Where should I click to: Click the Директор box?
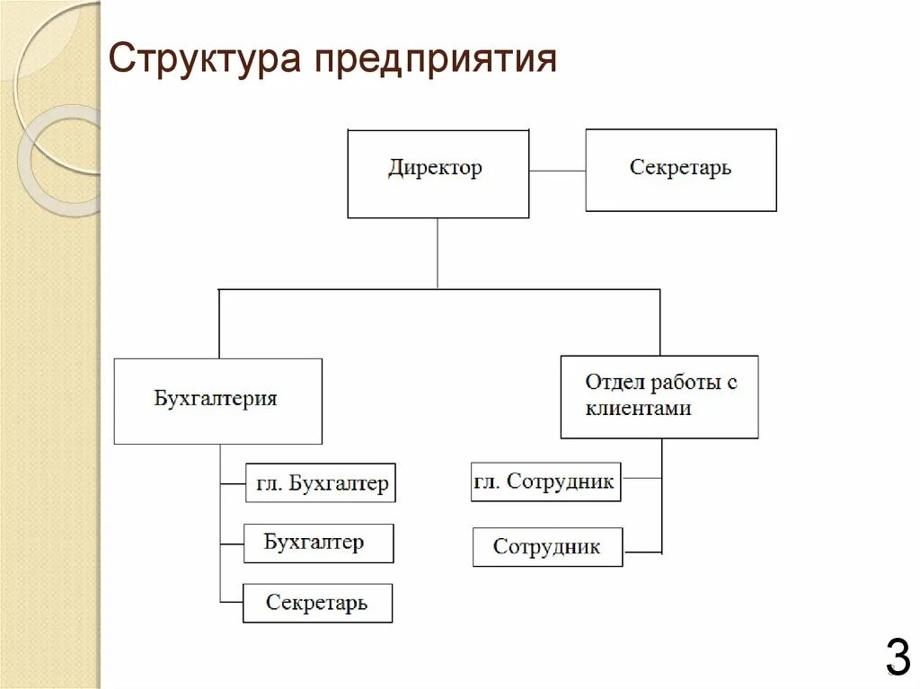(x=438, y=173)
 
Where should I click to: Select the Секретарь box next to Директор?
(x=680, y=170)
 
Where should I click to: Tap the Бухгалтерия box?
(x=217, y=401)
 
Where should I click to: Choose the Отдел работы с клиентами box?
(x=659, y=396)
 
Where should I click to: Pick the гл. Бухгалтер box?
(x=320, y=483)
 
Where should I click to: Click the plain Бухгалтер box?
(x=318, y=543)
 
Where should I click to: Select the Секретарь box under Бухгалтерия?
(x=317, y=603)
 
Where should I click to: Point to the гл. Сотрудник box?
(x=545, y=481)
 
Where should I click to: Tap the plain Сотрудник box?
(x=547, y=547)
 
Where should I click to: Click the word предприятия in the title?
(x=436, y=61)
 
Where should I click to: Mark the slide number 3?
(x=897, y=657)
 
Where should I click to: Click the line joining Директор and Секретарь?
(x=557, y=170)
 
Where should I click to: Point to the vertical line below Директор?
(x=438, y=253)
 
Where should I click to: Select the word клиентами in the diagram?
(x=638, y=409)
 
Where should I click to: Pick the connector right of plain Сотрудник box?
(x=642, y=551)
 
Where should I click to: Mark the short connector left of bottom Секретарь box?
(x=231, y=601)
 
